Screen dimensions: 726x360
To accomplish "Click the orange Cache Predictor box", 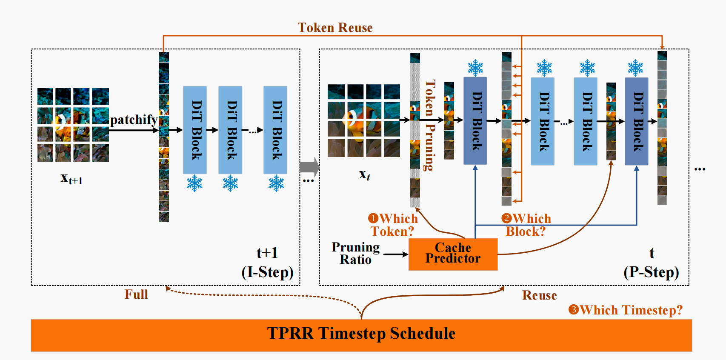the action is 453,254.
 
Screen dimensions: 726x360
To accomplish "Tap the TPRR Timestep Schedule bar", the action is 361,335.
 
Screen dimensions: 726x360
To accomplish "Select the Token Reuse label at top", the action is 335,28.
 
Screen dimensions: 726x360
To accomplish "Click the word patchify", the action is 134,120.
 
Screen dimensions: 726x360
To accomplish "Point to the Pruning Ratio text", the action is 355,253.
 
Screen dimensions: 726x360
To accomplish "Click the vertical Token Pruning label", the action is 430,126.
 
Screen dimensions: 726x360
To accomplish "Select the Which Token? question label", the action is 393,225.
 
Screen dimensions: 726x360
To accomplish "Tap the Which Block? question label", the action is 526,225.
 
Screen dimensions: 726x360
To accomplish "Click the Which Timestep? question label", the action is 626,310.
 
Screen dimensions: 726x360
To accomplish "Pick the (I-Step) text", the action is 267,272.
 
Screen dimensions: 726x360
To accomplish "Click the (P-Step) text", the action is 651,272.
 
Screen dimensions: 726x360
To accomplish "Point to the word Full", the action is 137,294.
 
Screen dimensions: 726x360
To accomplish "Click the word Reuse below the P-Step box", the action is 540,295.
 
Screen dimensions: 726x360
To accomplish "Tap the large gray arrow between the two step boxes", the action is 309,167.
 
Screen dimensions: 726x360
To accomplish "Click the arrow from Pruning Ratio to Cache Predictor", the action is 396,254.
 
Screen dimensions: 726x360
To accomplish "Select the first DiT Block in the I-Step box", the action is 195,130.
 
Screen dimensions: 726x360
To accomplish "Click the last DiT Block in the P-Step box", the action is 637,121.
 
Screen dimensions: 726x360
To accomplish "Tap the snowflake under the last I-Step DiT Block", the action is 276,183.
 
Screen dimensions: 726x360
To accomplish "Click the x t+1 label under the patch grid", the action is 71,179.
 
